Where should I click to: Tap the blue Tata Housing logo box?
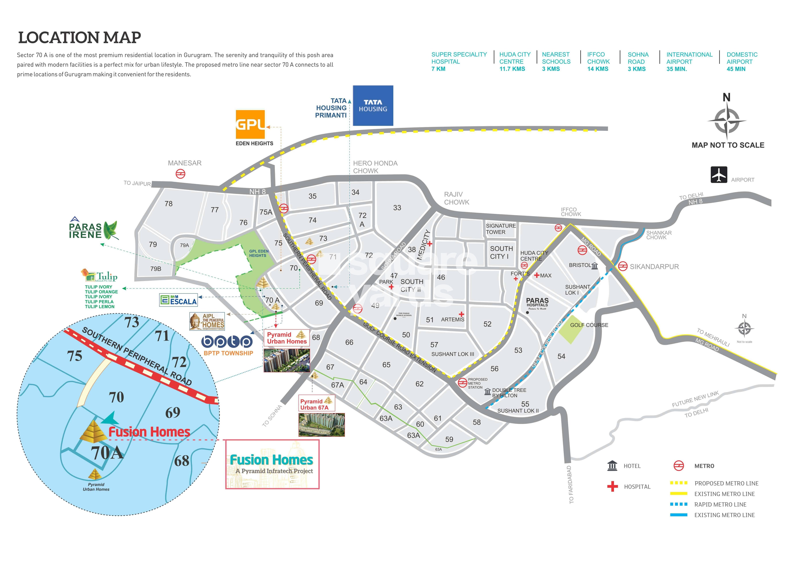pyautogui.click(x=373, y=106)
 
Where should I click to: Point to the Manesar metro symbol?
pyautogui.click(x=180, y=174)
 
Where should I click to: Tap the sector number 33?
pyautogui.click(x=397, y=208)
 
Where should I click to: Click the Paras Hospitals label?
pyautogui.click(x=537, y=303)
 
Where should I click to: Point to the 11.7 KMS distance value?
pyautogui.click(x=512, y=69)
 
